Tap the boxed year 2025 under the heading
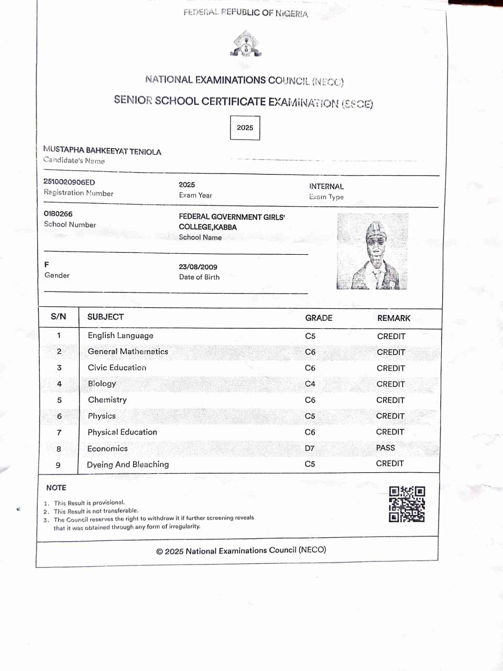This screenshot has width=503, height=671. coord(245,127)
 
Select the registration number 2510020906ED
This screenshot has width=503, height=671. coord(69,182)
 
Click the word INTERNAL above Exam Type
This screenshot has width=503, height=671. coord(326,186)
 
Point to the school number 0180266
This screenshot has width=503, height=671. coord(58,214)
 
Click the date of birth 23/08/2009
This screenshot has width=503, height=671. coord(198,267)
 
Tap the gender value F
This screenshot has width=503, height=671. coord(47,265)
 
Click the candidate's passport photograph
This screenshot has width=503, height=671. coord(372,252)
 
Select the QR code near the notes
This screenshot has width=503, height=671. coord(407,504)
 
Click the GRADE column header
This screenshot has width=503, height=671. coord(319,318)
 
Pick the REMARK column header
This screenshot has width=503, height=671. coord(393,318)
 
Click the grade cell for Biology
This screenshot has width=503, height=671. coord(310,384)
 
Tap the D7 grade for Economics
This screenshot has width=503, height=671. coord(310,448)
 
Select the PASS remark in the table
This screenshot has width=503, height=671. coord(385,448)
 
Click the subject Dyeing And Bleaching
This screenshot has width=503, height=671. coord(128,464)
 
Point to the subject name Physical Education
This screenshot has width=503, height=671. coord(122,432)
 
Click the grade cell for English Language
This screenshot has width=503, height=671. coord(310,336)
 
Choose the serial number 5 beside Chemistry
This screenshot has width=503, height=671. coord(59,400)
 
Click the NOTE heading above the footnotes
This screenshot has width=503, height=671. coord(56,488)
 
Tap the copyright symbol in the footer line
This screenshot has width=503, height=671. coord(159,551)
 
